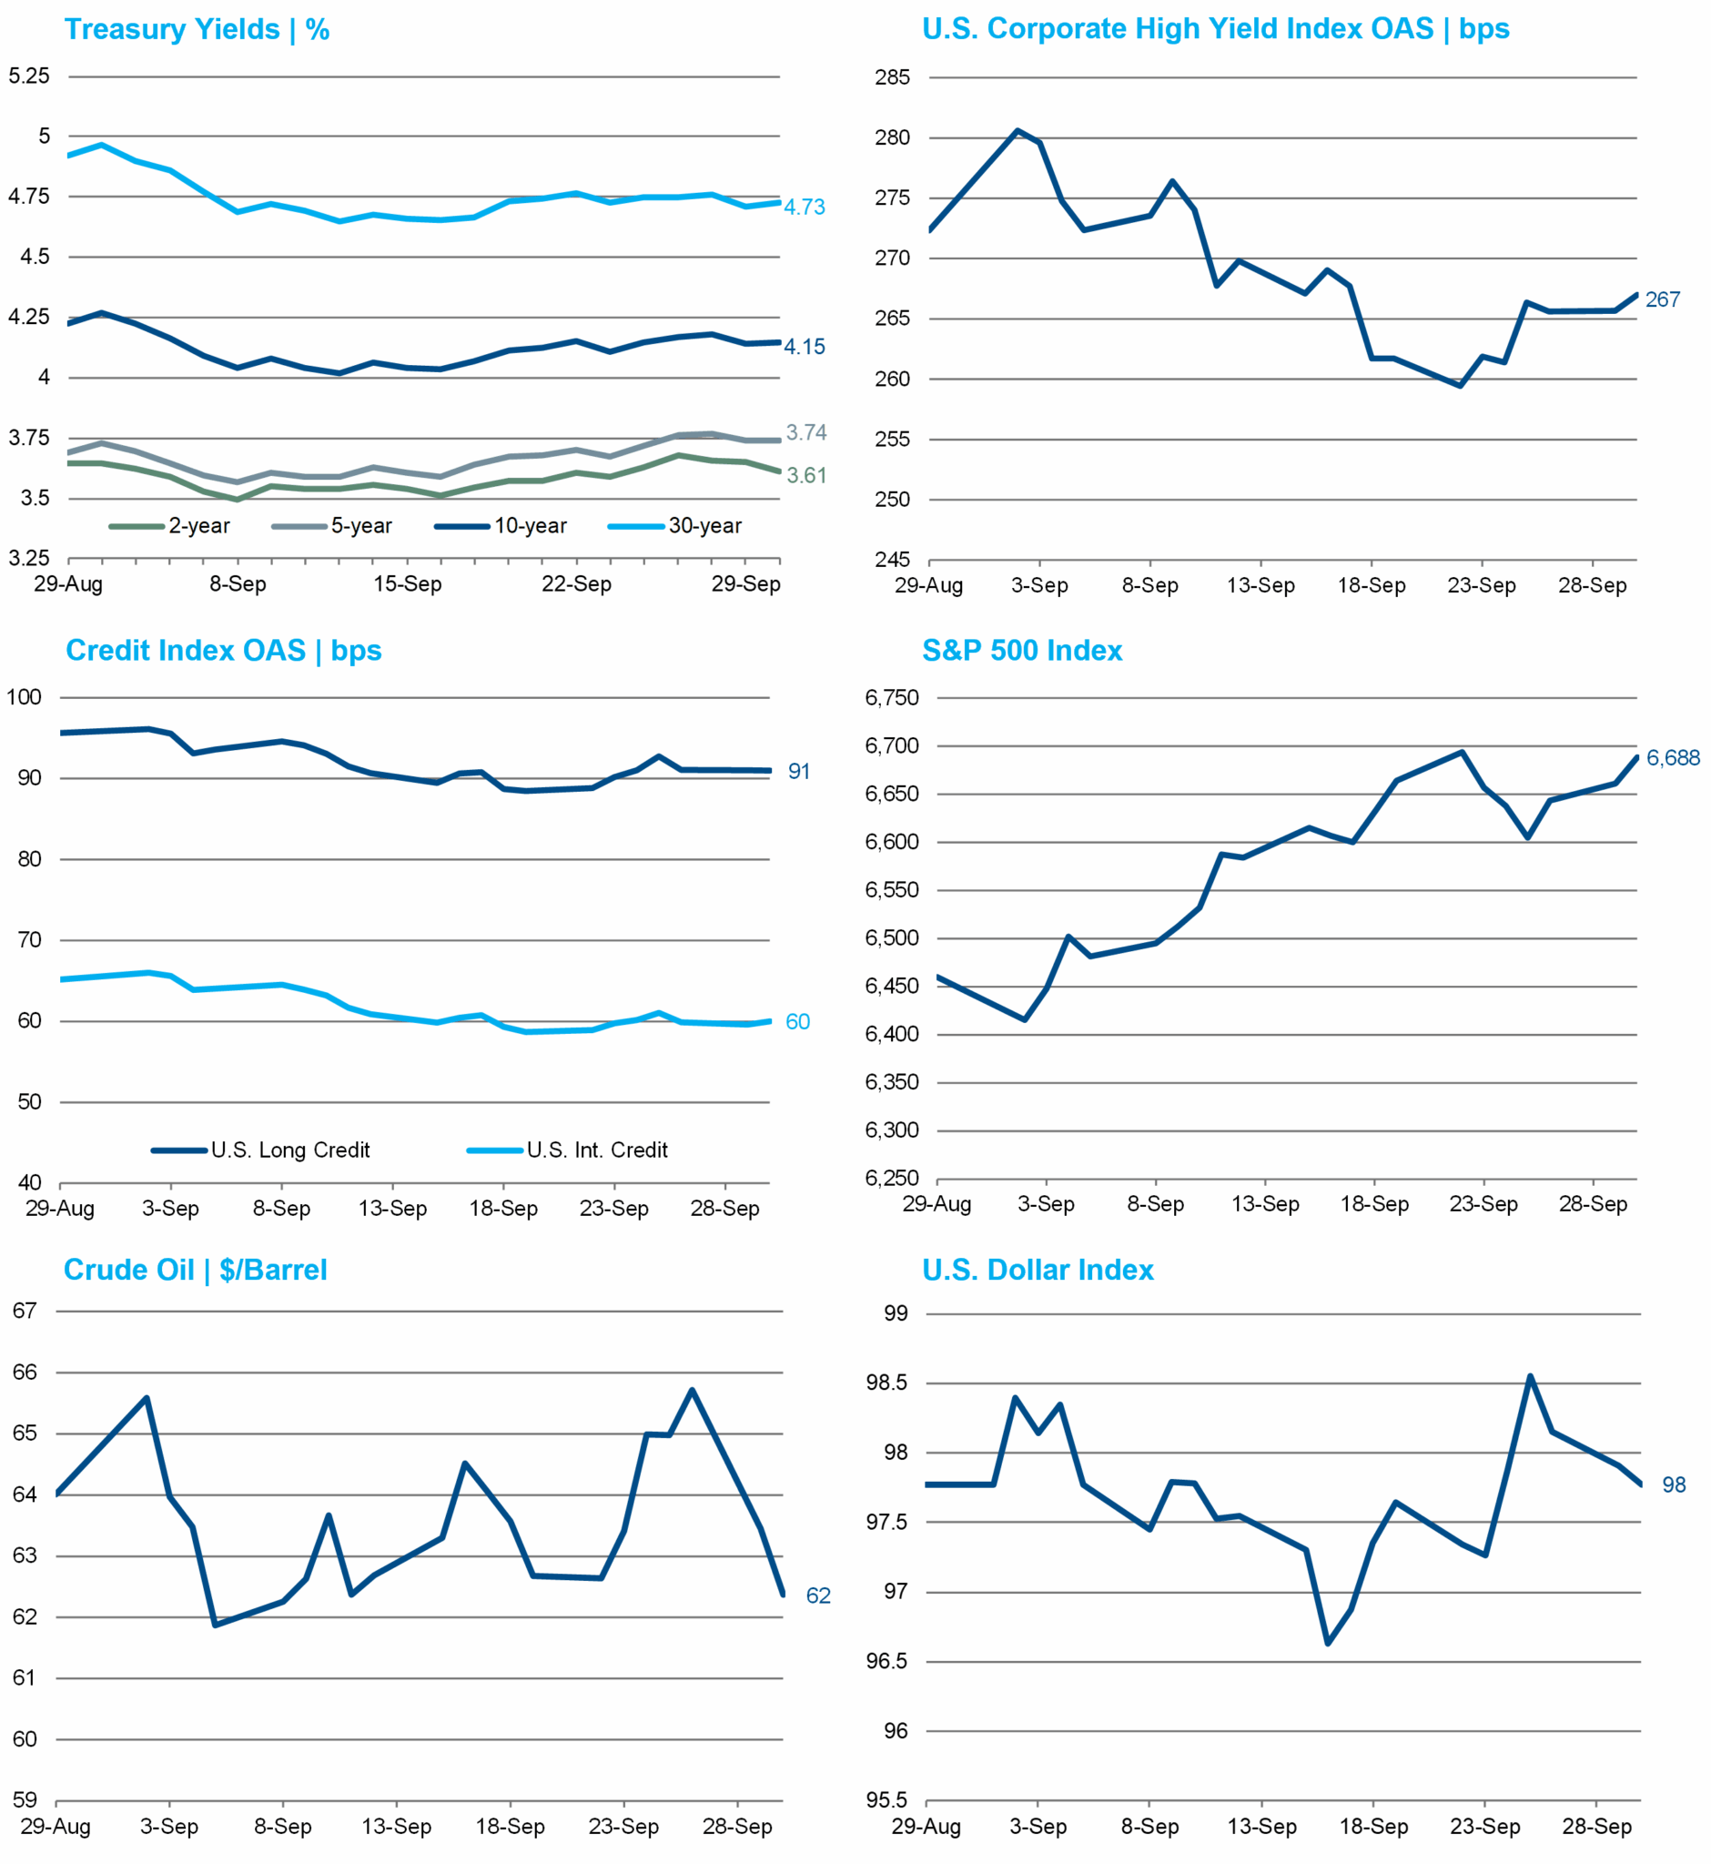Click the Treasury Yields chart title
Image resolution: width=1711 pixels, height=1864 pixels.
point(197,30)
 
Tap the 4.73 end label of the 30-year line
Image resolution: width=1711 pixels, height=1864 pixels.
point(804,208)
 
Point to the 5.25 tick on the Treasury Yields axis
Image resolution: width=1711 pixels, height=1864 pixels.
point(29,76)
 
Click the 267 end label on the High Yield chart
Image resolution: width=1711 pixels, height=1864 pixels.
point(1662,300)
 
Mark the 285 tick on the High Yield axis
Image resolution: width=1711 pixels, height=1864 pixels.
point(893,77)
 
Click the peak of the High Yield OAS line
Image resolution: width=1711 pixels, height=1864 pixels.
point(1017,130)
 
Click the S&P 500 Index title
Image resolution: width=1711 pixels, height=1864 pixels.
point(1021,651)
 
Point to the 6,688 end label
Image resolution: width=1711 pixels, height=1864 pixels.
point(1672,758)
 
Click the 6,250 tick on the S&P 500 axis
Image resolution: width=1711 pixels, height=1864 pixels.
point(892,1179)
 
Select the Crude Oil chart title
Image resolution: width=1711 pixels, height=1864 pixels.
point(196,1270)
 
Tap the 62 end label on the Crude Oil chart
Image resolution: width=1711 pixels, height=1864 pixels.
point(818,1596)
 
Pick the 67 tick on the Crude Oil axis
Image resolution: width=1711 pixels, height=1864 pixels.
point(25,1312)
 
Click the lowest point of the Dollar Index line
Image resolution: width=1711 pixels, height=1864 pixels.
point(1328,1644)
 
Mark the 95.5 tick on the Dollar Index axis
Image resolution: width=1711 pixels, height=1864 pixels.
point(886,1801)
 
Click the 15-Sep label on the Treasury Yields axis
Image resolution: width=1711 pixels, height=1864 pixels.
point(408,584)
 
